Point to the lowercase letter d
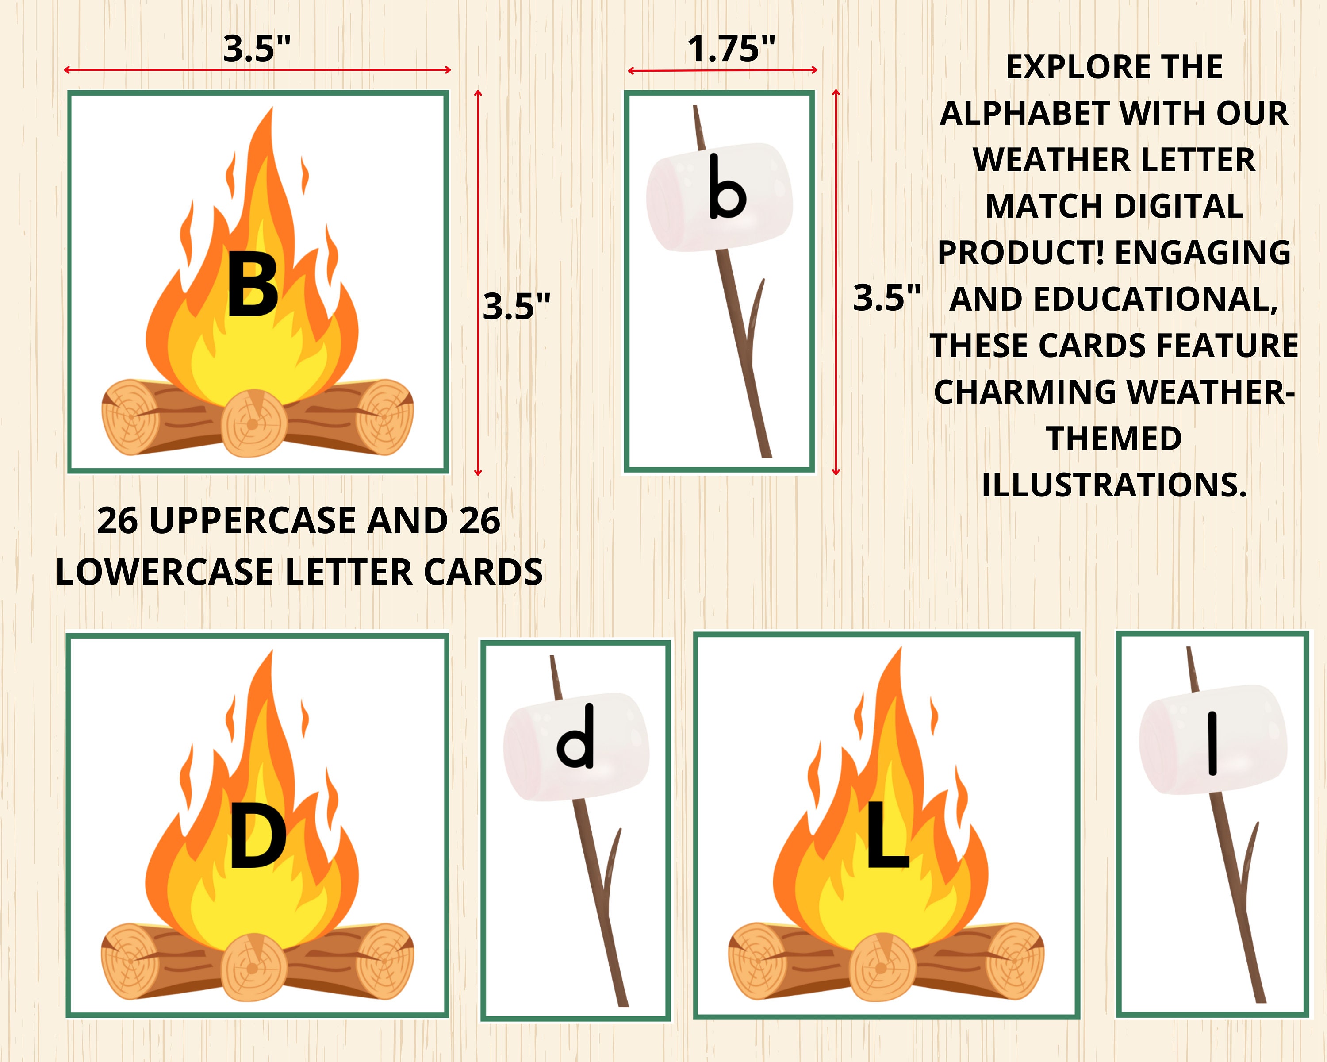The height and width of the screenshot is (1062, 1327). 575,737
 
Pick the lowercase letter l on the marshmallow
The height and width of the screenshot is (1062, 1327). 1212,743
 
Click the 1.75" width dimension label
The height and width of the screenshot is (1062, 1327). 731,49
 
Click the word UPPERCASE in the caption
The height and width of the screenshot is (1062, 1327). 253,521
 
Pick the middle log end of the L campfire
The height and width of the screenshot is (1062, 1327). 882,967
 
